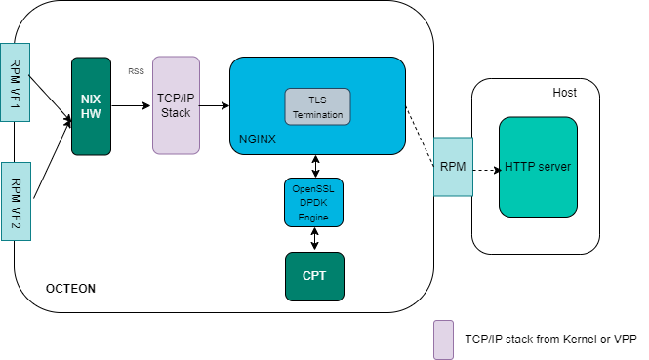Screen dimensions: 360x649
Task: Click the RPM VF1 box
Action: pos(15,82)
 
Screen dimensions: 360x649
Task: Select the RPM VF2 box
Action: pos(15,201)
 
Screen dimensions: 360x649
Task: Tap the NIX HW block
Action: pos(91,105)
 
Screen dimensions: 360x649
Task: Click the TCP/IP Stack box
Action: pos(176,105)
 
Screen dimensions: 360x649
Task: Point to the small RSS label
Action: pos(136,71)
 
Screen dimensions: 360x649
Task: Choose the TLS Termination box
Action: pos(317,106)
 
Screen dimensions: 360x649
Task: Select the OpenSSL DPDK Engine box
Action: pos(314,202)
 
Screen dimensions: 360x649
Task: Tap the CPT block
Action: pos(314,276)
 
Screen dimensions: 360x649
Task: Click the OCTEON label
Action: pos(71,290)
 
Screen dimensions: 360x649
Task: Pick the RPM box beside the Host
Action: pos(453,167)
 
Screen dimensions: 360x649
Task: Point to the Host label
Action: pos(564,93)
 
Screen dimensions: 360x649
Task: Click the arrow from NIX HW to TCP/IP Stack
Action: pos(132,105)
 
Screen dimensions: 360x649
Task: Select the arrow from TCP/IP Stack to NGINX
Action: pos(215,105)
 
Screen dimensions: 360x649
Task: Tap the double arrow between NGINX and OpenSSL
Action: pos(314,165)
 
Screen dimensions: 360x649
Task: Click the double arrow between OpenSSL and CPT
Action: pos(314,239)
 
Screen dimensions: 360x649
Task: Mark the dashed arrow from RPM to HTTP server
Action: pos(485,168)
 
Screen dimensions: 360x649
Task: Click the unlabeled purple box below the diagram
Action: pos(443,340)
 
